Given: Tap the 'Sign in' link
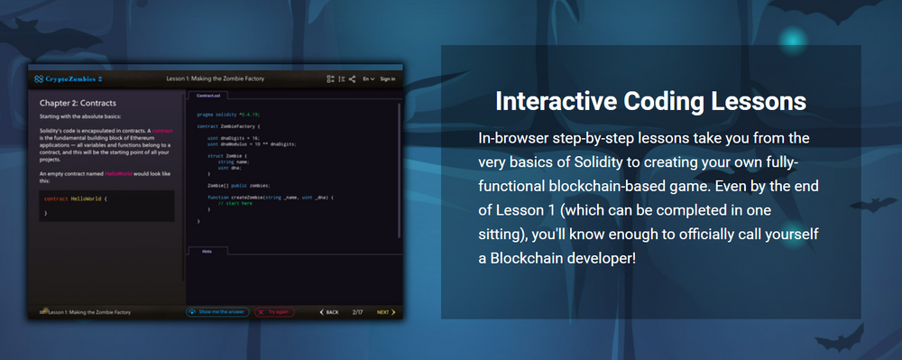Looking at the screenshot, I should [x=388, y=79].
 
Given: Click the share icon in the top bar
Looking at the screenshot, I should [x=352, y=79].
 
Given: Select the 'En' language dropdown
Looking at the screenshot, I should [x=368, y=79].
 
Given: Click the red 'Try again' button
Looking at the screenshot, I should [x=274, y=312].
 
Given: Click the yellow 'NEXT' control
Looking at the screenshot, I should [x=384, y=312].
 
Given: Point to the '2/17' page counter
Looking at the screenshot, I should [x=357, y=312].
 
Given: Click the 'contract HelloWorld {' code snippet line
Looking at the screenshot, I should [x=76, y=198].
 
